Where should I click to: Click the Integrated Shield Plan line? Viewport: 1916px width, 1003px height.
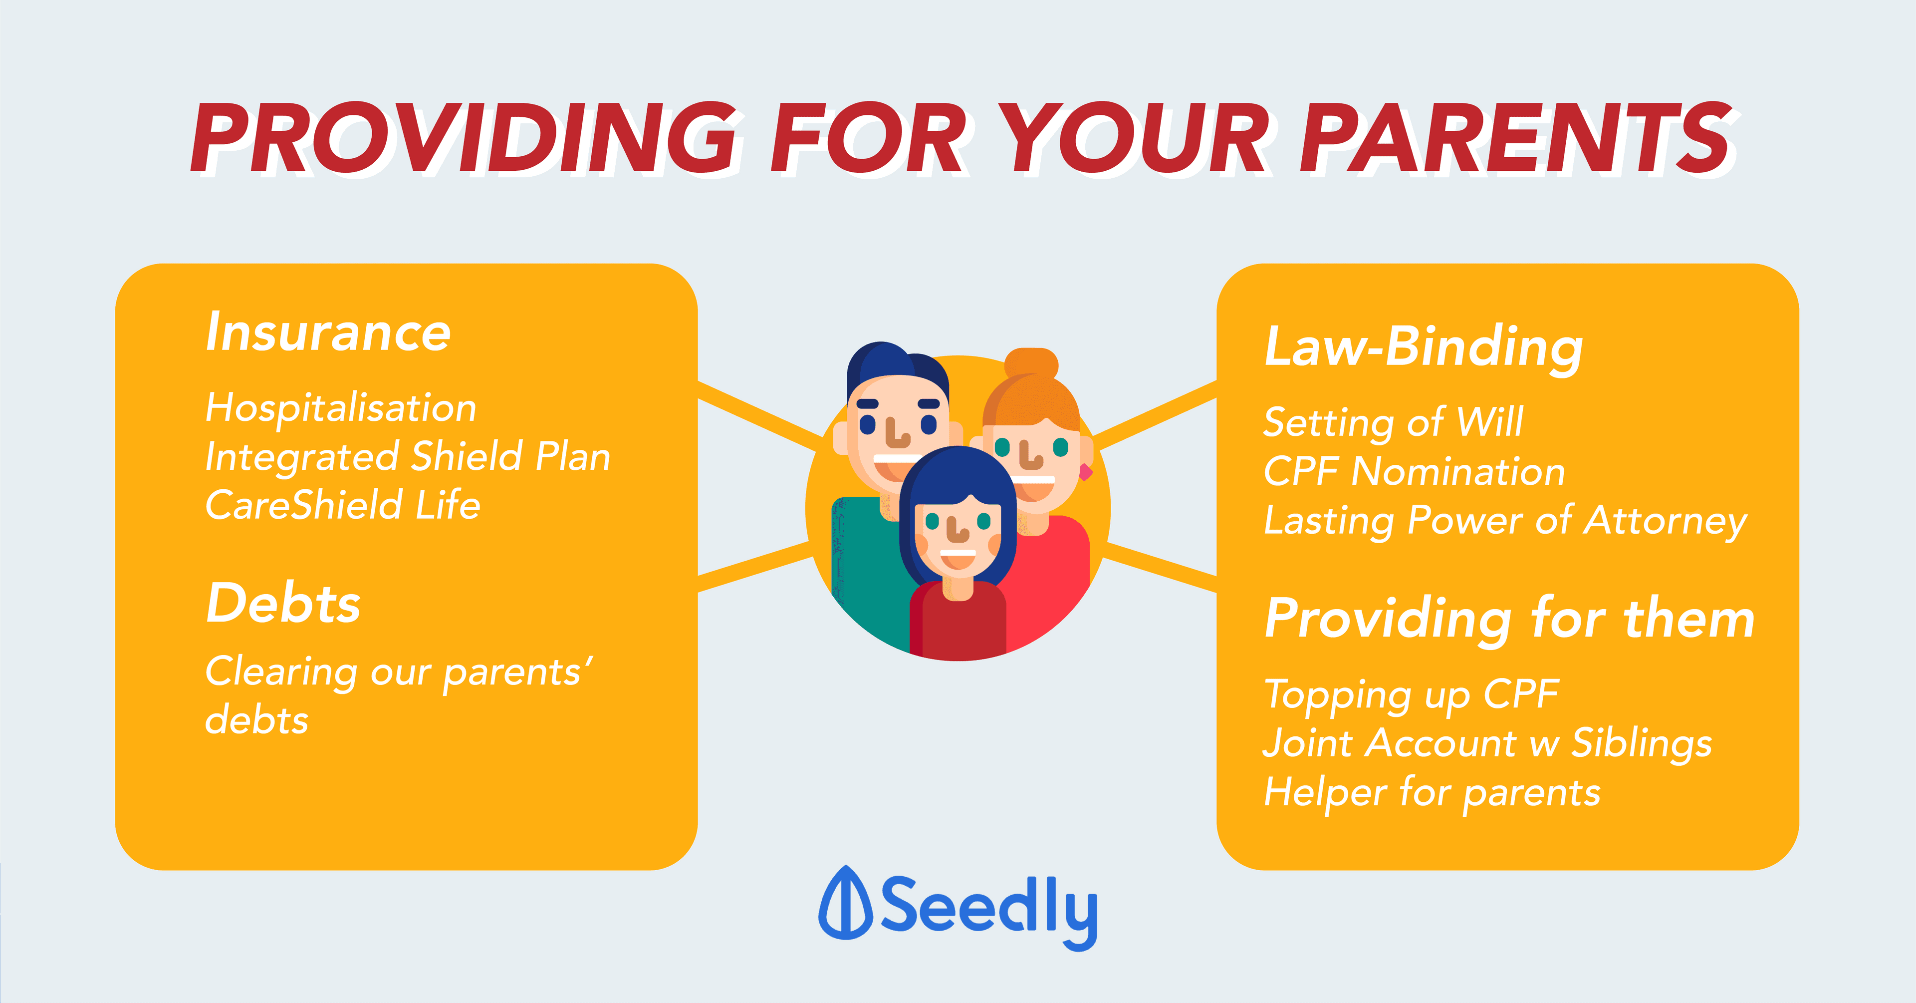coord(408,456)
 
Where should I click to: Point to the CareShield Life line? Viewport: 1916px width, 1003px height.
coord(343,504)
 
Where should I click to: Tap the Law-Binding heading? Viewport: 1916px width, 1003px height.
coord(1424,347)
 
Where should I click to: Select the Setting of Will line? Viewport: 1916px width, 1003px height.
coord(1393,422)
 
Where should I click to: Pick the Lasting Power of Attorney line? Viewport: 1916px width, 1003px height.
coord(1505,520)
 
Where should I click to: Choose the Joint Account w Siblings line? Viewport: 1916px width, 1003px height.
coord(1487,742)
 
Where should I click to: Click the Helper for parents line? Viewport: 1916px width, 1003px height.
coord(1433,792)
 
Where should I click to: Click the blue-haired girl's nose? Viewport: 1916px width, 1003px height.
coord(958,531)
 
